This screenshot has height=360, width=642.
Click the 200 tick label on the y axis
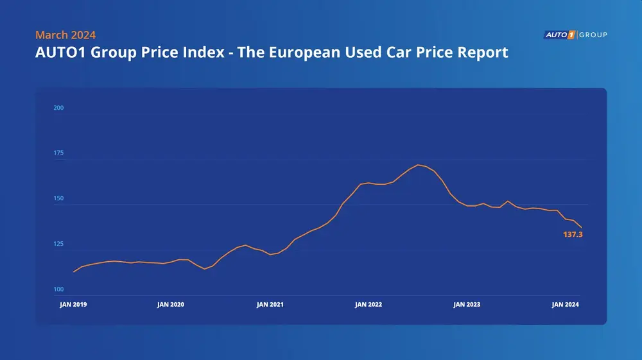coord(58,108)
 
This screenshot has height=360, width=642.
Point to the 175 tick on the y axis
coord(58,153)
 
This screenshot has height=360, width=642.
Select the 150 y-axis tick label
coord(58,199)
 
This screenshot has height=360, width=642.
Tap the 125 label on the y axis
coord(58,244)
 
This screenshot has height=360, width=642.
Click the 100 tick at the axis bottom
coord(58,290)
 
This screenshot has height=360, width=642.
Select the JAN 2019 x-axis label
coord(73,305)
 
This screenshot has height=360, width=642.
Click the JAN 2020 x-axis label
coord(171,305)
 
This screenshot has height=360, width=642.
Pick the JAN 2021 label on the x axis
coord(270,305)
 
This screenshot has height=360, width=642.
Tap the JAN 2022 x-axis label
coord(369,305)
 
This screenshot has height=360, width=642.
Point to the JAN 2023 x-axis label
coord(467,305)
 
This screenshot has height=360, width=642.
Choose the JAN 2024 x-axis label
coord(566,305)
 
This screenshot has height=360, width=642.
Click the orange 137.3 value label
coord(573,235)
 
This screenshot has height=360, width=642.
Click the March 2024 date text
coord(65,35)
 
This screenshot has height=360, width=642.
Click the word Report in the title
coord(480,52)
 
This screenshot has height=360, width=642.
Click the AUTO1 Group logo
coord(575,35)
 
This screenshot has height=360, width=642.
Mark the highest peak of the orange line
coord(418,165)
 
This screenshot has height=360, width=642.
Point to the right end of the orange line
coord(582,227)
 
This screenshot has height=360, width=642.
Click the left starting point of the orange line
coord(74,272)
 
